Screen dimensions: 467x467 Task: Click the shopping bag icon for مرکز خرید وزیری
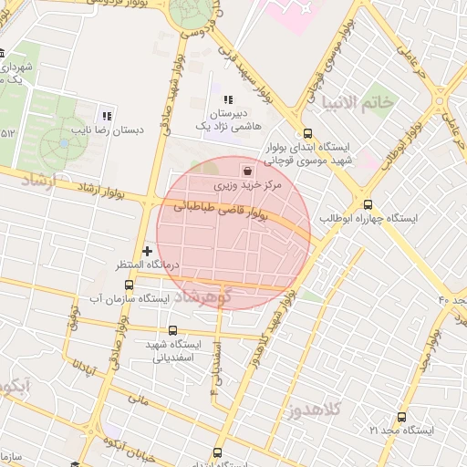tap(248, 170)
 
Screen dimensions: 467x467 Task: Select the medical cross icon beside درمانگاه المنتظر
tap(146, 250)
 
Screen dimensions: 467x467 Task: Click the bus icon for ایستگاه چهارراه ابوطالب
tap(368, 204)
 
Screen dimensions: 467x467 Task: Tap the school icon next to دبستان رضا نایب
tap(107, 116)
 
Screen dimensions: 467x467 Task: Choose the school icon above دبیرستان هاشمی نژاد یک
tap(227, 99)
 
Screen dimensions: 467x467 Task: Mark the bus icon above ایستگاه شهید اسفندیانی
tap(173, 331)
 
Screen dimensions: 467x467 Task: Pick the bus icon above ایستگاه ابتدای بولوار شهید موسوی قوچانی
tap(306, 131)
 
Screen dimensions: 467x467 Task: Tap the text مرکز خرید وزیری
tap(249, 185)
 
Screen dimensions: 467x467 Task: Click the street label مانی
tap(138, 398)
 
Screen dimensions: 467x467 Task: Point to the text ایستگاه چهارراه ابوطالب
tap(368, 220)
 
